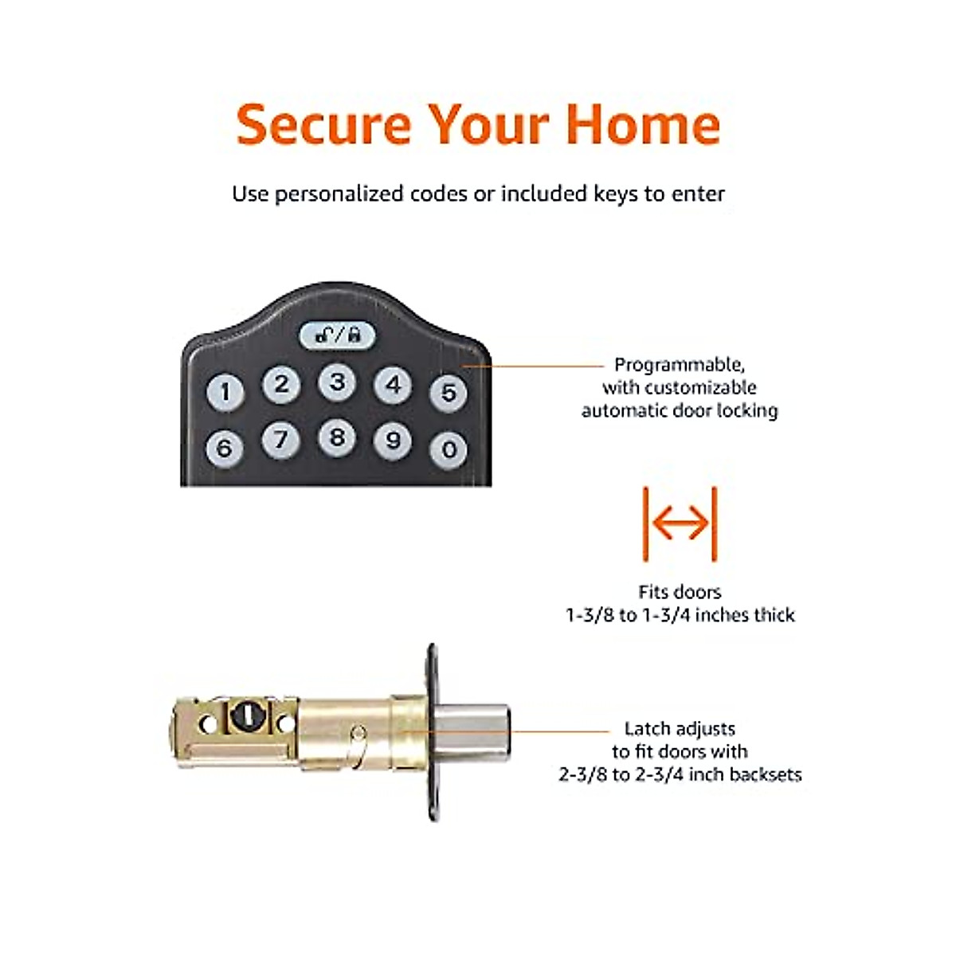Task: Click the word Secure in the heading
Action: point(323,124)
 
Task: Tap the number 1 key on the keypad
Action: point(225,392)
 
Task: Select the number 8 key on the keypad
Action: point(337,437)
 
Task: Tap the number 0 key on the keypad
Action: point(449,450)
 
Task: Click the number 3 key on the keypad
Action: point(337,382)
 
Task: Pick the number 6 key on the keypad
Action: point(225,448)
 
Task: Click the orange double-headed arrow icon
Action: point(680,523)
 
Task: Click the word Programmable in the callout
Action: point(679,365)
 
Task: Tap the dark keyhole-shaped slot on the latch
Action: point(241,717)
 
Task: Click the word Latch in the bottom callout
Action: point(646,728)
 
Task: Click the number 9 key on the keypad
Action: point(393,441)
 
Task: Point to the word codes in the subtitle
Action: point(438,194)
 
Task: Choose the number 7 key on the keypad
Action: point(280,440)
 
